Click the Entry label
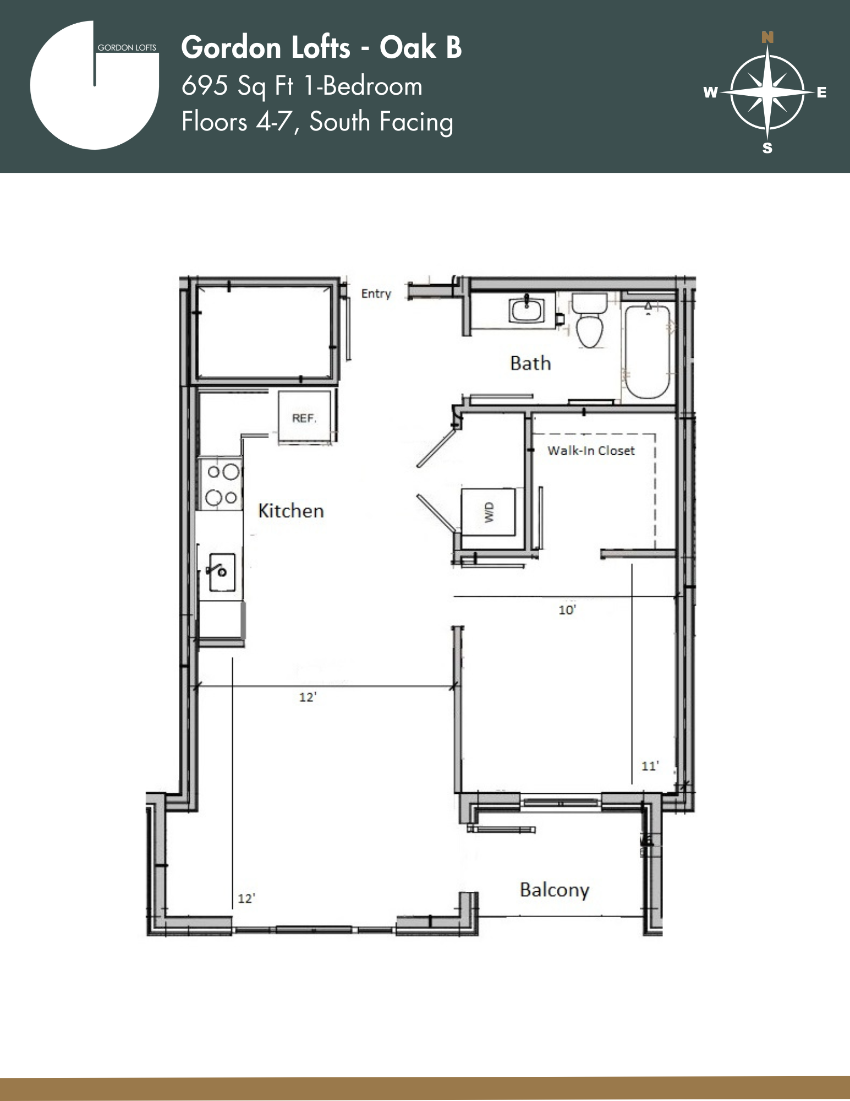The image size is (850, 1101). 376,293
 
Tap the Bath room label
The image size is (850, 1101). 530,363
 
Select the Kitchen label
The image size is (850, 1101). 291,511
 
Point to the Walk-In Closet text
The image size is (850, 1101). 591,451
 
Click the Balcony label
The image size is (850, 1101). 555,890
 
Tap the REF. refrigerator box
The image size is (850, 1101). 305,418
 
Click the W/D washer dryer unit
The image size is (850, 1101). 489,512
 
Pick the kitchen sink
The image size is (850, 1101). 222,572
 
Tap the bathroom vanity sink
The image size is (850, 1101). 527,310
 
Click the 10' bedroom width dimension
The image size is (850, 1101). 567,610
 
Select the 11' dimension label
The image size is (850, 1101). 650,766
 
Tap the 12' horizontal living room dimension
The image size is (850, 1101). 308,697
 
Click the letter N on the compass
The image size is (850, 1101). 767,37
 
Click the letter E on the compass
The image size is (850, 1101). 821,92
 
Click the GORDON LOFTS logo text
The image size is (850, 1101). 127,48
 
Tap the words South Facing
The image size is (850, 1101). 381,122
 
